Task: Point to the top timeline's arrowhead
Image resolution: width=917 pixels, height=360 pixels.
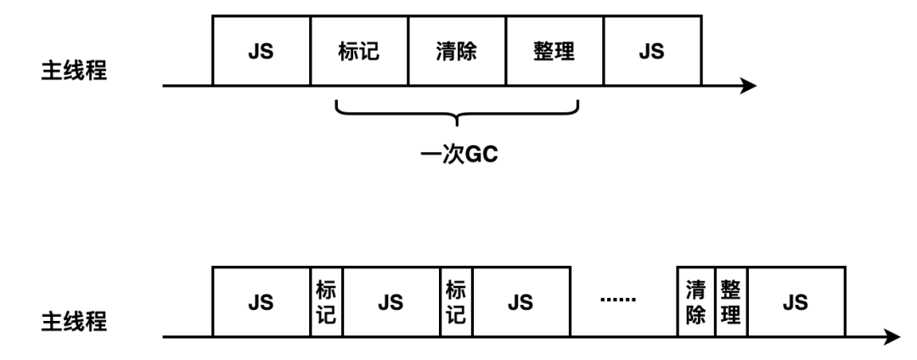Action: point(748,86)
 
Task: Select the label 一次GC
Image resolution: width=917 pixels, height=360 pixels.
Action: point(458,155)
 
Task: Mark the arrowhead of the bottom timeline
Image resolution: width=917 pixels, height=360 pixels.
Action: point(893,337)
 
